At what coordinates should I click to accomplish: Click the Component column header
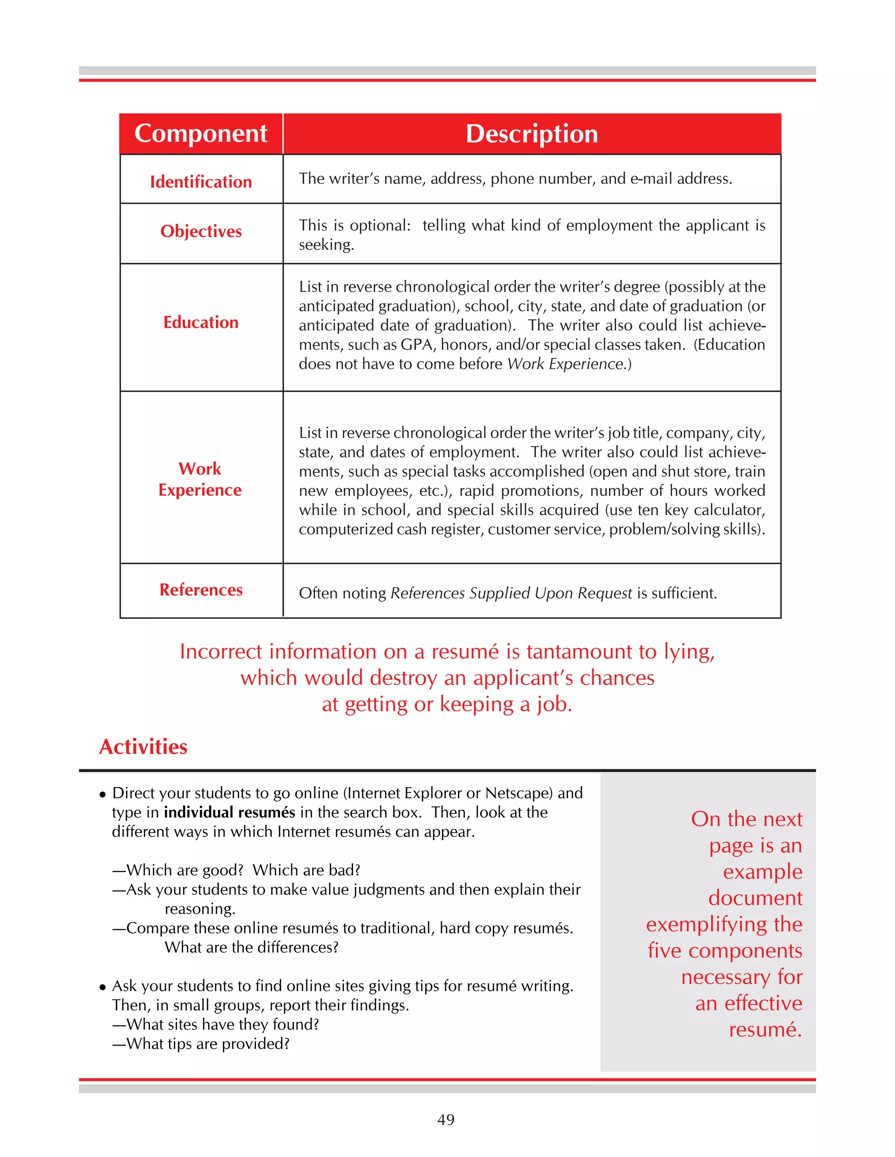coord(201,134)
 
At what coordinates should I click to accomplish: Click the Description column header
coord(531,134)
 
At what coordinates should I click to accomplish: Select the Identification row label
coord(201,182)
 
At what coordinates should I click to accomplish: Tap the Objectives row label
coord(201,231)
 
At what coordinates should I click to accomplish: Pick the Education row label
coord(201,322)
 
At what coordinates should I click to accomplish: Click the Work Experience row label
coord(200,479)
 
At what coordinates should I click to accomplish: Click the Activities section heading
coord(143,747)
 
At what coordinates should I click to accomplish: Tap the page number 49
coord(446,1119)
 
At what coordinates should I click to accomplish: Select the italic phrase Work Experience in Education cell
coord(565,364)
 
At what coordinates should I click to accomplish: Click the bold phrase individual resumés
coord(229,812)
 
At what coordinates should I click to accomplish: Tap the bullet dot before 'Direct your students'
coord(103,795)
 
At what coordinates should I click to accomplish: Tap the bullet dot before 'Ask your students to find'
coord(103,988)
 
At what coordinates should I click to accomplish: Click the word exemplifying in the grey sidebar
coord(708,924)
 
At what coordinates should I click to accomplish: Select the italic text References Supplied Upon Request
coord(511,593)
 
